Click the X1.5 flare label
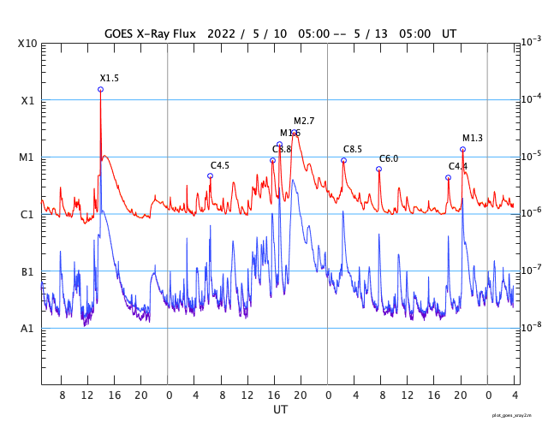click(x=110, y=78)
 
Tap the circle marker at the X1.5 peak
click(x=100, y=89)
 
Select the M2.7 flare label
click(x=304, y=121)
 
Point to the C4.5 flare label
click(x=220, y=165)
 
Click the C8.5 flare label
click(x=353, y=149)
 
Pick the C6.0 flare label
click(x=389, y=158)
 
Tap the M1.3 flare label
click(x=473, y=138)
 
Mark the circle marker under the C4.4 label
click(x=448, y=178)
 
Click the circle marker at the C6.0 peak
click(x=378, y=169)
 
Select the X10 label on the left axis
click(x=27, y=44)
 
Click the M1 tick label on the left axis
click(x=27, y=158)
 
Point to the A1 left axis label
click(x=27, y=329)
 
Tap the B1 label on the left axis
click(x=27, y=272)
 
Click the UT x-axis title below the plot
click(x=280, y=410)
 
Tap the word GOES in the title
click(x=119, y=33)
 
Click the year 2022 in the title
click(x=220, y=33)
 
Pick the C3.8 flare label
click(x=282, y=149)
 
